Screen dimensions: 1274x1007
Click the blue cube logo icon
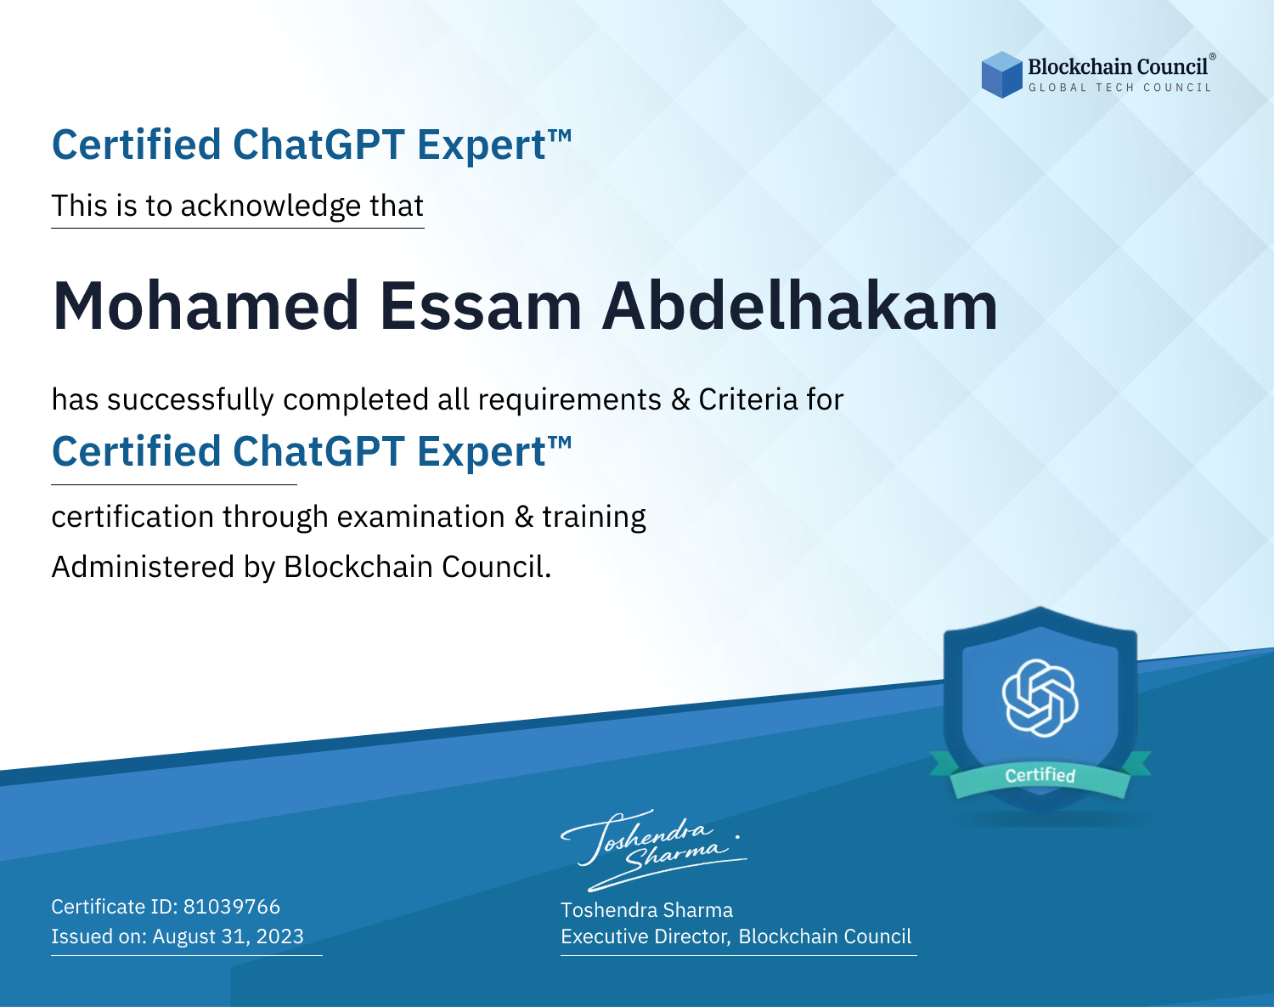tap(1001, 75)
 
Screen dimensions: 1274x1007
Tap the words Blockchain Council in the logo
tap(1118, 67)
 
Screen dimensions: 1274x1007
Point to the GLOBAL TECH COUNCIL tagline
tap(1120, 88)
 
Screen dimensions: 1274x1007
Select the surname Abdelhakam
tap(800, 306)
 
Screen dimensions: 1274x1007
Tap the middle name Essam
tap(481, 307)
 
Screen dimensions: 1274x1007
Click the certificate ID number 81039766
tap(232, 906)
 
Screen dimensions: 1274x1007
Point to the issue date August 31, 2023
tap(228, 936)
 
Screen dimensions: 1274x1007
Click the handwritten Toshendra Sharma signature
tap(653, 850)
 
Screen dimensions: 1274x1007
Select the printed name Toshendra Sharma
tap(647, 910)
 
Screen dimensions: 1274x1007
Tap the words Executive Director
tap(645, 936)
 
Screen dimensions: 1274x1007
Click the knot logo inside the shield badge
tap(1040, 698)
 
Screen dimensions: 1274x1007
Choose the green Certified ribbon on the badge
tap(1040, 775)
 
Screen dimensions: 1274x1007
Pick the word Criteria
tap(748, 399)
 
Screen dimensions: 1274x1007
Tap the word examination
tap(421, 517)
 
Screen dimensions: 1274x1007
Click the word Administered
tap(144, 567)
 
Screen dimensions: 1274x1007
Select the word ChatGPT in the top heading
tap(319, 144)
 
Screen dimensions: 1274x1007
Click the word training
tap(595, 518)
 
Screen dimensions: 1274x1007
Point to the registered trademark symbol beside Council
tap(1213, 56)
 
